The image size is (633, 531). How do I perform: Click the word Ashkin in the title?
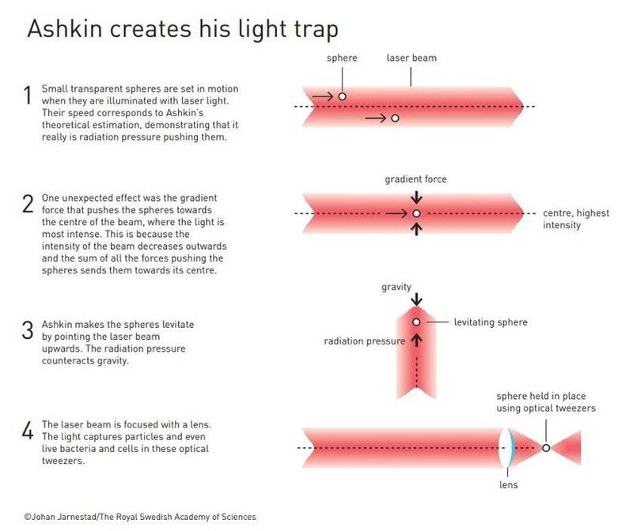coord(65,29)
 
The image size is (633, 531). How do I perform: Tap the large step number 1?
coord(28,95)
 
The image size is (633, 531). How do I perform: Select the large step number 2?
coord(28,204)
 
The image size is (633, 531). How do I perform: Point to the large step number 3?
coord(28,330)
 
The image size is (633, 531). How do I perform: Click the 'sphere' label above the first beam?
coord(342,58)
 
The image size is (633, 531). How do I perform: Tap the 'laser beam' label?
coord(411,58)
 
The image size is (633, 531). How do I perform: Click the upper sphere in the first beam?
coord(342,96)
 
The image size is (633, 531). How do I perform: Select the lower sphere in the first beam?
coord(395,119)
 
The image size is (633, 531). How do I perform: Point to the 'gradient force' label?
coord(415,179)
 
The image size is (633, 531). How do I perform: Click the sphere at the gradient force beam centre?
coord(417,213)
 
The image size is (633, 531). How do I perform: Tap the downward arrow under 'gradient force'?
coord(417,198)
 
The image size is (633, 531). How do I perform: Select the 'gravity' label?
coord(396,287)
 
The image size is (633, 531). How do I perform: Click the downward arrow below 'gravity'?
coord(417,299)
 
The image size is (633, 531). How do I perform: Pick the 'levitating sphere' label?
coord(491,322)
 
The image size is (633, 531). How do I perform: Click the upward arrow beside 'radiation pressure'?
coord(417,341)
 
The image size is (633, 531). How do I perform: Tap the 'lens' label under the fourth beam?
coord(508,484)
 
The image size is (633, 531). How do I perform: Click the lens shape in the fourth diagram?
coord(507,448)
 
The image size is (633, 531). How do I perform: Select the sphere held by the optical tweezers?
coord(546,448)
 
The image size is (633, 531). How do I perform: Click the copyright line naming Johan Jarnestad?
coord(140,517)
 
